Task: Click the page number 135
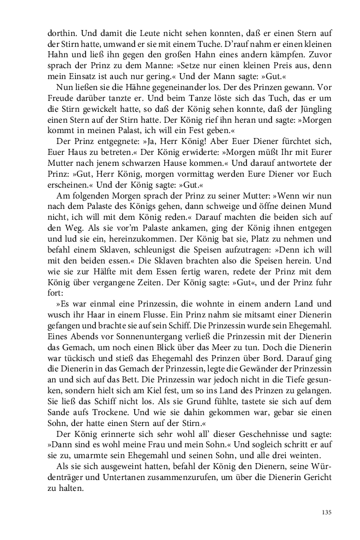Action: point(327,512)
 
